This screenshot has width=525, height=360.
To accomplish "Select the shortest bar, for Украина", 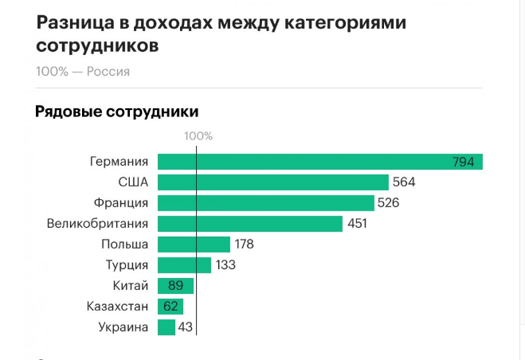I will pyautogui.click(x=167, y=327).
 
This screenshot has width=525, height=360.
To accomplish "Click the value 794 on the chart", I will pyautogui.click(x=463, y=162).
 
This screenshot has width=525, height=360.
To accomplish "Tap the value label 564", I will pyautogui.click(x=404, y=182).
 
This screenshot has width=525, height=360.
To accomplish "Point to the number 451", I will pyautogui.click(x=357, y=224).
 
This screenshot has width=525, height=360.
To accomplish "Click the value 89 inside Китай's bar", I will pyautogui.click(x=175, y=286).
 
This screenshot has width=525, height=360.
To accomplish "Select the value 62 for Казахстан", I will pyautogui.click(x=170, y=307).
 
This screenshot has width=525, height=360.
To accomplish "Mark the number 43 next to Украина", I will pyautogui.click(x=186, y=327).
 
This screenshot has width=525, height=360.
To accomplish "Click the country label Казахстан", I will pyautogui.click(x=118, y=307).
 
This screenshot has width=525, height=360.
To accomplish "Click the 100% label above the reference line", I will pyautogui.click(x=198, y=135).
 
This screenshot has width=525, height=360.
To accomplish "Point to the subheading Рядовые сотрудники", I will pyautogui.click(x=116, y=112).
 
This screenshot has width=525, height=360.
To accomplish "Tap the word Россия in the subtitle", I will pyautogui.click(x=108, y=72).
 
